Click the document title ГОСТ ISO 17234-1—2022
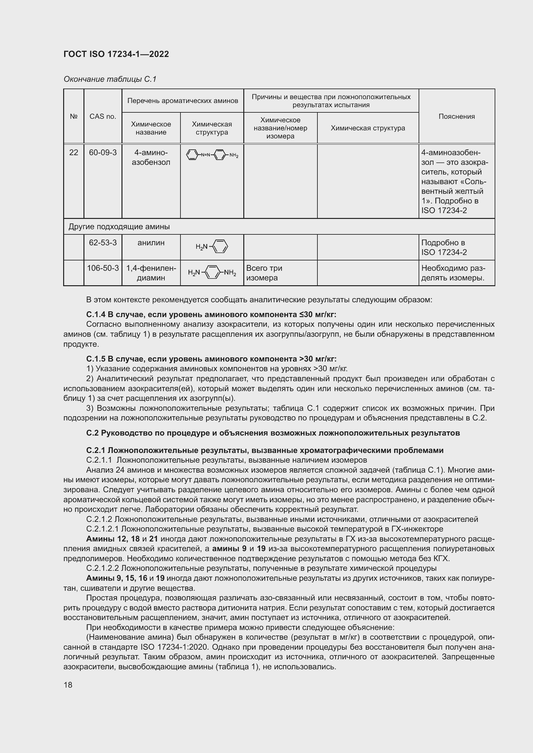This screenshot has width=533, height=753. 116,54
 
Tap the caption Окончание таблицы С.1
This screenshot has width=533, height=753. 110,79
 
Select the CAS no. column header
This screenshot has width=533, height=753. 103,117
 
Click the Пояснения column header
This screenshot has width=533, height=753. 457,117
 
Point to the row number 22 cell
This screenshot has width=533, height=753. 73,153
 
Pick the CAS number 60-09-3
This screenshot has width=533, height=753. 103,153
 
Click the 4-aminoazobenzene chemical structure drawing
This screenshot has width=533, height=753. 212,155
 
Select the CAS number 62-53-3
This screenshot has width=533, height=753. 103,243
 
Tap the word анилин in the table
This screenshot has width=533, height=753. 151,243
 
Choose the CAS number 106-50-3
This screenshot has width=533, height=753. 103,268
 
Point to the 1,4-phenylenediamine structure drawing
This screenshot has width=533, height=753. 212,273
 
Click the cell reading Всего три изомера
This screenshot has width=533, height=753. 264,273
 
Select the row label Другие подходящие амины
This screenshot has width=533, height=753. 119,227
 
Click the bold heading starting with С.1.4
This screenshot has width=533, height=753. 211,315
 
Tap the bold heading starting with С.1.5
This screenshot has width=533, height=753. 211,359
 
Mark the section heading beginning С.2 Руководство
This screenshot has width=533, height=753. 273,433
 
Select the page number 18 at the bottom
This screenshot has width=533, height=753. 68,685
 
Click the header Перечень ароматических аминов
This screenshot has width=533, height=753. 182,101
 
